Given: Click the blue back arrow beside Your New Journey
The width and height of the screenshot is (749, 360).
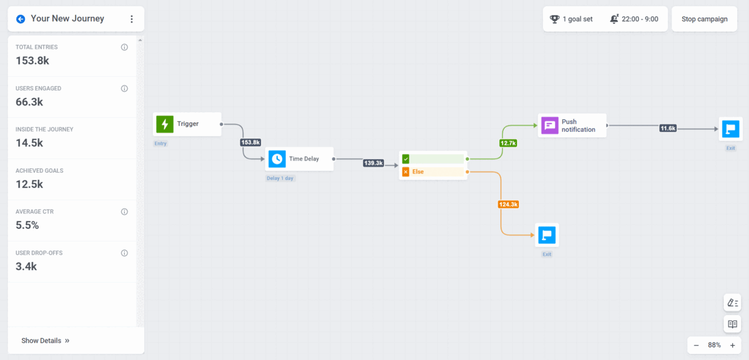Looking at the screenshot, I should [21, 19].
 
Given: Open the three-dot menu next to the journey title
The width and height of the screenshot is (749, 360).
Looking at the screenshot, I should [131, 19].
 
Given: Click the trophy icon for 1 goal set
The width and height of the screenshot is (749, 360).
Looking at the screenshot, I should [554, 19].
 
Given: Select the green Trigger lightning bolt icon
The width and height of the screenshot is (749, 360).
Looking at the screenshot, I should [164, 124].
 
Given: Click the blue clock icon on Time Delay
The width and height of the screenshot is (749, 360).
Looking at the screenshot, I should [277, 158].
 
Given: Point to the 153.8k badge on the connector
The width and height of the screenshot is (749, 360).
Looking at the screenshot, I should [250, 142].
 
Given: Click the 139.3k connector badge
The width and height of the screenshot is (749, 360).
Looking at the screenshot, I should [373, 163].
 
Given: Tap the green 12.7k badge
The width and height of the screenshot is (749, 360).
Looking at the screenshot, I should [508, 143].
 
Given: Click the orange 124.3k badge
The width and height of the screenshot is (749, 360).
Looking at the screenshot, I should [509, 204].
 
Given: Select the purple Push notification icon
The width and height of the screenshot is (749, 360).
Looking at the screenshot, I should [549, 125].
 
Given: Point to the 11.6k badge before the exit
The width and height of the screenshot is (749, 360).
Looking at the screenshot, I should [668, 128].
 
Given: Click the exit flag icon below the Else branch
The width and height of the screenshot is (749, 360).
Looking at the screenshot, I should [547, 235].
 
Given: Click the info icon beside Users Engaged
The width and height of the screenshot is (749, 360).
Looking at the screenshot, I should [124, 89].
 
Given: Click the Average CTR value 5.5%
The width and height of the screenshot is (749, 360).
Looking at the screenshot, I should [27, 225].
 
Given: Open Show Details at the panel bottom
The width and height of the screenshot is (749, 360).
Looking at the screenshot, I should [45, 341].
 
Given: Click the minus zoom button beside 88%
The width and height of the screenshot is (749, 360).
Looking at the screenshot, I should [697, 345].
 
